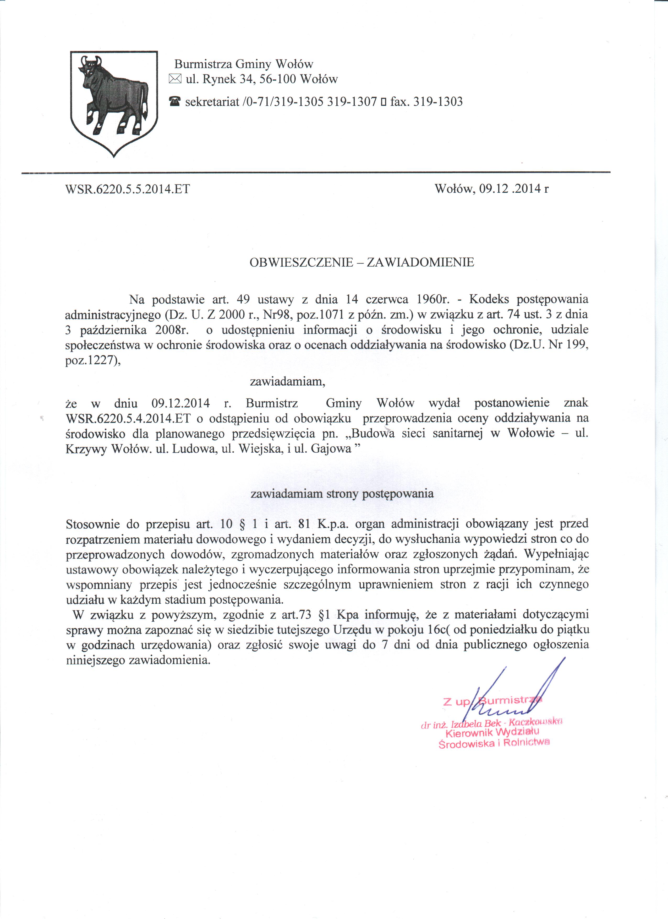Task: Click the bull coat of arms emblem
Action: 114,103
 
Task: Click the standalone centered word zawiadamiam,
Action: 287,381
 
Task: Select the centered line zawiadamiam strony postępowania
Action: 342,494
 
